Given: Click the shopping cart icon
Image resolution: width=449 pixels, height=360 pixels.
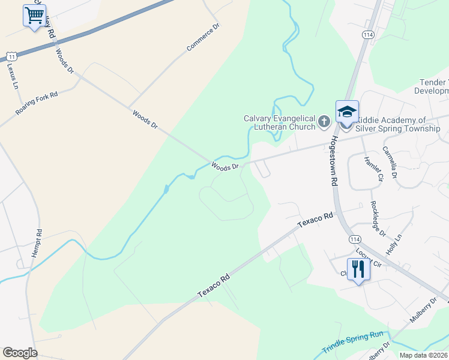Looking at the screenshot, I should (x=34, y=16).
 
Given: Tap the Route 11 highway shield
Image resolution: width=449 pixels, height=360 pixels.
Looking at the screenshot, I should (x=11, y=56).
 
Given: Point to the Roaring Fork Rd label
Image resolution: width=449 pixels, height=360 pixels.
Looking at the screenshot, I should (x=37, y=103).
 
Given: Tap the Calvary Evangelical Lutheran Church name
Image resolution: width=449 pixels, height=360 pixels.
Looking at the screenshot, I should (x=279, y=122).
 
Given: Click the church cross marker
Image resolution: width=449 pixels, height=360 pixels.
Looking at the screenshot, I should (x=324, y=122).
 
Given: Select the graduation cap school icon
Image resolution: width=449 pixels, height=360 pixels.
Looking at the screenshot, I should (x=347, y=112).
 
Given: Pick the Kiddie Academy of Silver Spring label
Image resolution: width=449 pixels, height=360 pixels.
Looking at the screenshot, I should (x=397, y=124).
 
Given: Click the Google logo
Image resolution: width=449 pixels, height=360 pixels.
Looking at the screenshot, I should (x=20, y=353).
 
